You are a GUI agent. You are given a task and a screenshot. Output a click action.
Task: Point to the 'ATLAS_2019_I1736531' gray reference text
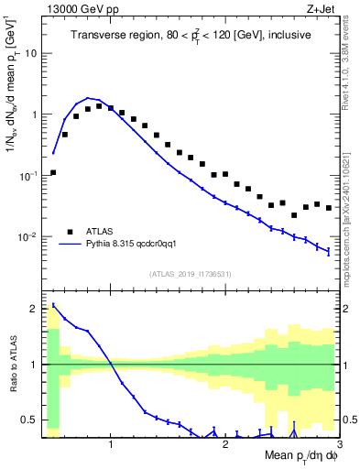point(190,274)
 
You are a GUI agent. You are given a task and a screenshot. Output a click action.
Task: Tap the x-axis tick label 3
point(338,444)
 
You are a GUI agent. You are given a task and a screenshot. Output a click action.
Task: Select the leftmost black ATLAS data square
point(53,172)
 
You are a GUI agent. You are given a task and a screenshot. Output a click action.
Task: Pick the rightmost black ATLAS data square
point(329,208)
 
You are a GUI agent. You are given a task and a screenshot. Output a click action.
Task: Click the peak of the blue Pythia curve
point(88,98)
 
